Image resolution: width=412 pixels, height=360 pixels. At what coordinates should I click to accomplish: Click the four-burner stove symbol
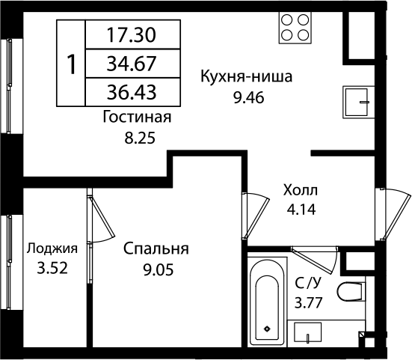tap(295, 28)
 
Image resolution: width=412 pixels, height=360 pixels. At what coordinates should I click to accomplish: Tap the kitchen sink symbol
tap(359, 102)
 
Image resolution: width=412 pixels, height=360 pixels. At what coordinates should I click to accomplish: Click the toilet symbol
tap(351, 291)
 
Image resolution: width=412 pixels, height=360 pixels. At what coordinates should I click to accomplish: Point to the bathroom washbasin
tap(307, 332)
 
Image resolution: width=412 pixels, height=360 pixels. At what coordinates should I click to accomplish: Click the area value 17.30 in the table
tap(132, 35)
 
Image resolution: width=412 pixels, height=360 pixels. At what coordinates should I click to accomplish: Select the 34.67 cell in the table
tap(132, 64)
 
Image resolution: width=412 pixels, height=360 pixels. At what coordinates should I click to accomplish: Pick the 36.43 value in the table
tap(132, 92)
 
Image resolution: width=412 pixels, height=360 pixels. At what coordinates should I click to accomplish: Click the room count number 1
tap(71, 64)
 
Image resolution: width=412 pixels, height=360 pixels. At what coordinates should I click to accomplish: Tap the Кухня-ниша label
tap(246, 76)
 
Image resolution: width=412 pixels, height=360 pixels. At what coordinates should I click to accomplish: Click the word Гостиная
tap(137, 117)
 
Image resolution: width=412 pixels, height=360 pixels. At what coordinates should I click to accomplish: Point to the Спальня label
tap(156, 248)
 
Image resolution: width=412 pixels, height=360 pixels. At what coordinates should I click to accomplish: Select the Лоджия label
tap(52, 248)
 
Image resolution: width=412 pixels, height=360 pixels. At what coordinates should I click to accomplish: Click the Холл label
tap(301, 190)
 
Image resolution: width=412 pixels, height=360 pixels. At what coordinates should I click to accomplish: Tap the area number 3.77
tap(308, 302)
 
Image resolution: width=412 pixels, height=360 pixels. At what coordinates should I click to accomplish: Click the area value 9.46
tap(249, 98)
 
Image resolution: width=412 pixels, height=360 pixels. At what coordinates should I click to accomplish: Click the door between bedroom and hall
tap(256, 216)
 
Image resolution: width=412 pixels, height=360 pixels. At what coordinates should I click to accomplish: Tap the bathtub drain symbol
tap(267, 329)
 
